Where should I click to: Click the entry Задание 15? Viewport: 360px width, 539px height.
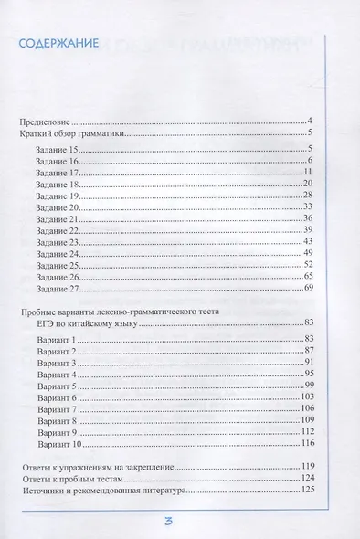62,148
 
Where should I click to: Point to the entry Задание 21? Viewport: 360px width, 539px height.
62,219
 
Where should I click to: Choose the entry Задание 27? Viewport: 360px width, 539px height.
62,289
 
